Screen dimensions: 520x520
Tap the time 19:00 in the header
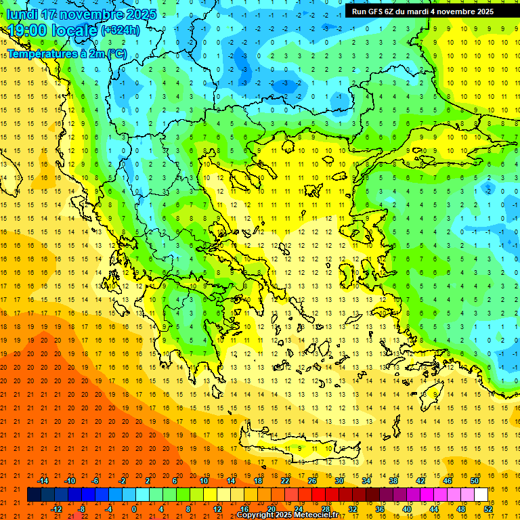coord(28,30)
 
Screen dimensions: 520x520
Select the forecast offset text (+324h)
coord(120,30)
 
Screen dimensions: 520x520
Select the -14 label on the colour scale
coord(43,481)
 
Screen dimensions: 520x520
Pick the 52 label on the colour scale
coord(489,509)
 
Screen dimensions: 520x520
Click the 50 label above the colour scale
coord(475,481)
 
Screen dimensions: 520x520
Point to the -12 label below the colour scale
coord(56,509)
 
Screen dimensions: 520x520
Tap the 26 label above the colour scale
coord(312,481)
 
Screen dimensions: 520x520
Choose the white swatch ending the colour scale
coord(481,495)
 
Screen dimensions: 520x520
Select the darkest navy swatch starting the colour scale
coord(34,495)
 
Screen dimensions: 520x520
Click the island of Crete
coord(318,448)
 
